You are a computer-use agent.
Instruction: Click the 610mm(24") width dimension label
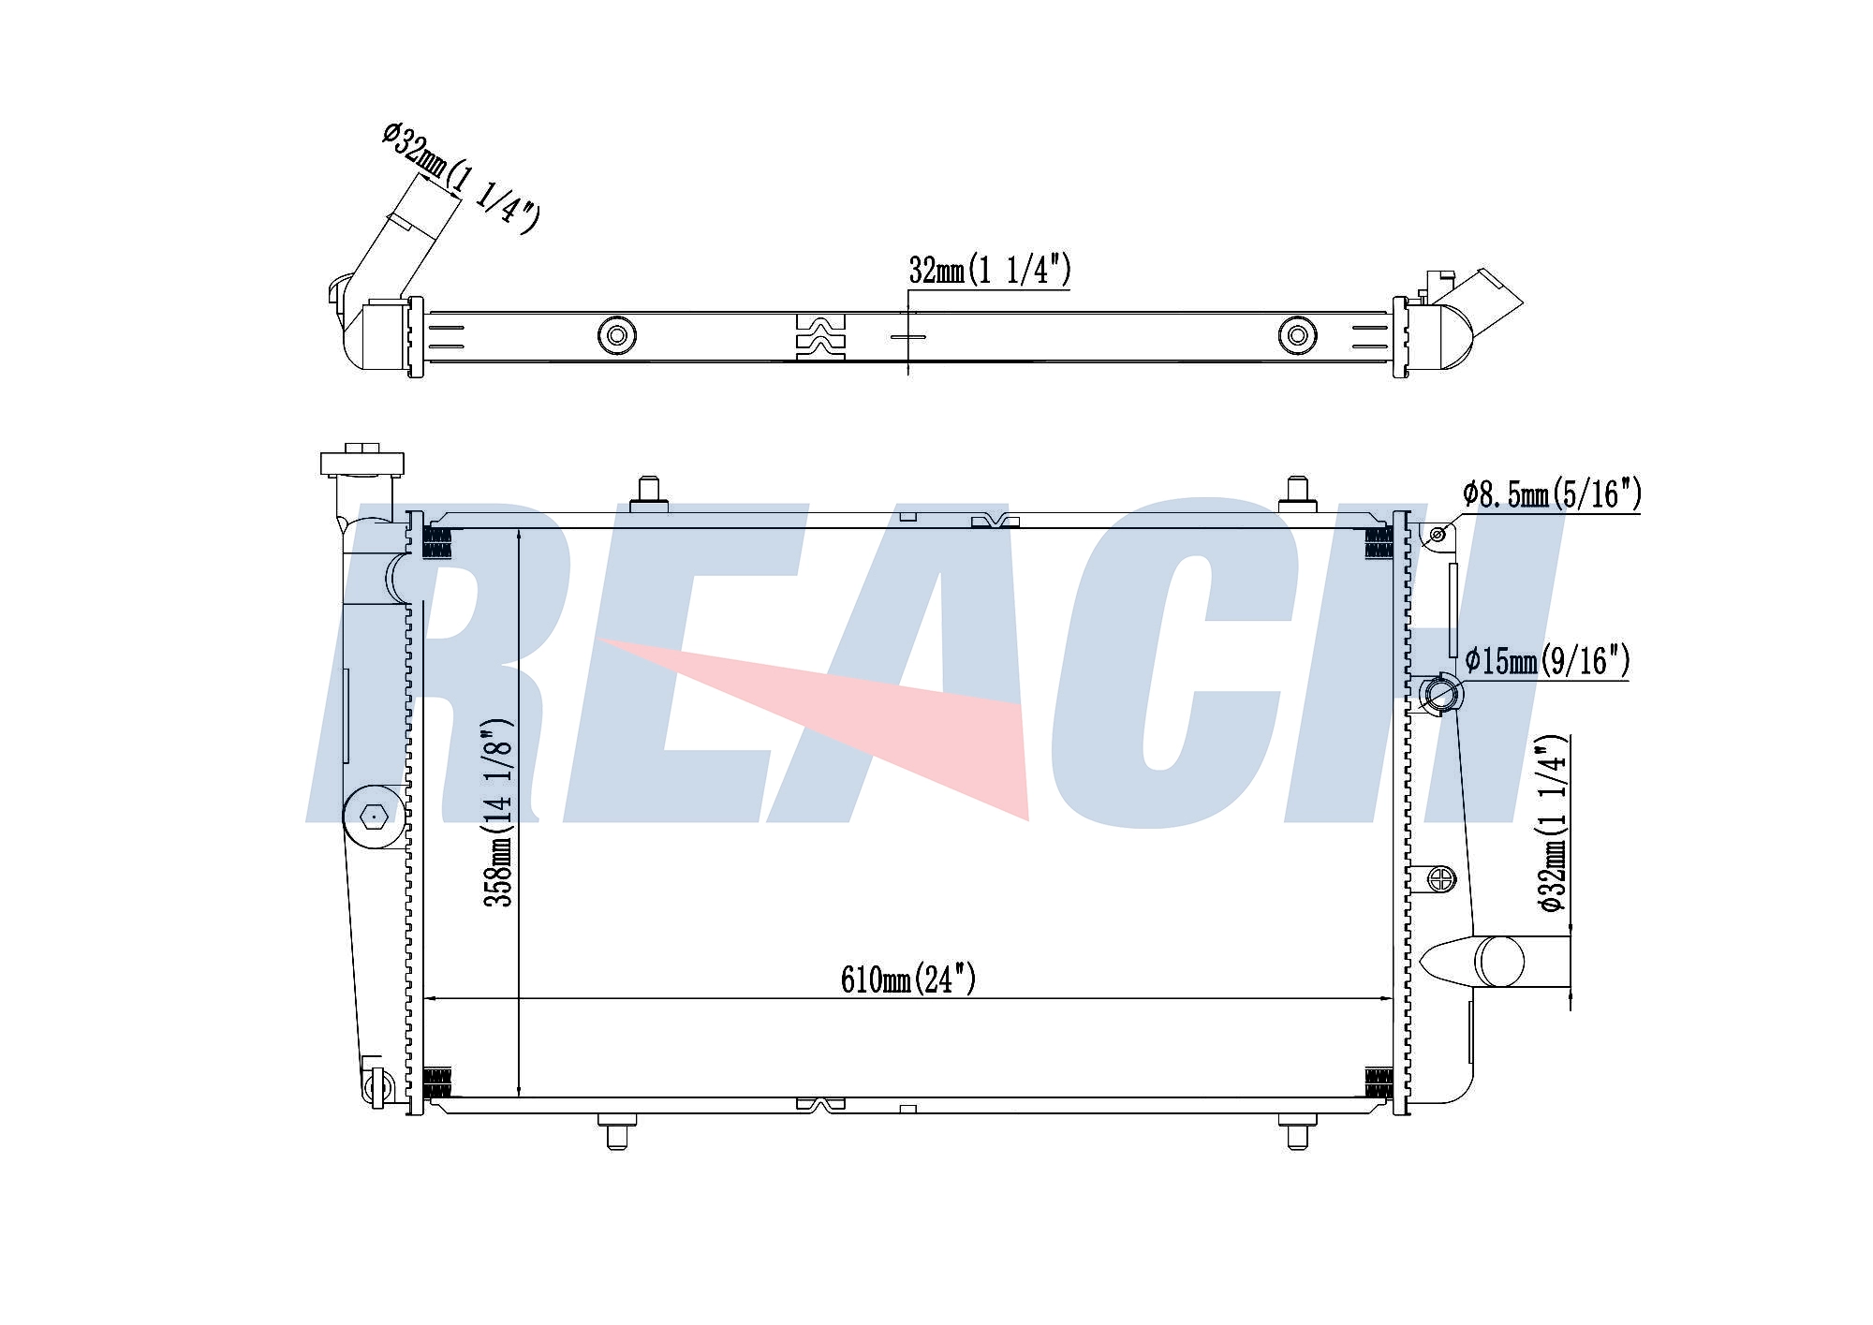coord(908,979)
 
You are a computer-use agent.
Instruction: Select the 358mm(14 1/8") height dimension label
coord(498,813)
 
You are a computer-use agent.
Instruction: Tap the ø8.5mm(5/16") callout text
coord(1552,493)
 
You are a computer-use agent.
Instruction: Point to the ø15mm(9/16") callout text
coord(1547,661)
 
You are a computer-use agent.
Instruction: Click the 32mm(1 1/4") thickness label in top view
coord(990,271)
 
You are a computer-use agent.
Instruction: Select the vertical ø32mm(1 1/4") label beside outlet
coord(1552,824)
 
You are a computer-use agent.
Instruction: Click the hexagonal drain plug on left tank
coord(374,817)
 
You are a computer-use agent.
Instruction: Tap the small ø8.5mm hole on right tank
coord(1438,535)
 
